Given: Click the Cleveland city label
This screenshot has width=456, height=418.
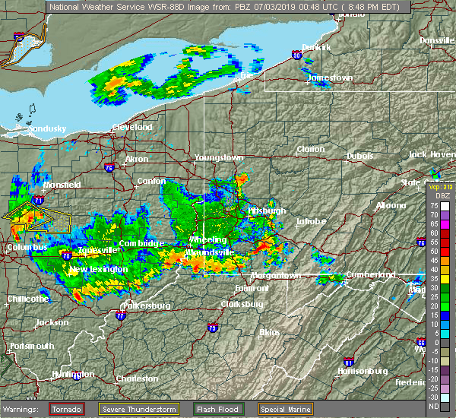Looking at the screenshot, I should click(x=132, y=128).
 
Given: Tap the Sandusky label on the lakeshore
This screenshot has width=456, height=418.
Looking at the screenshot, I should click(x=46, y=129).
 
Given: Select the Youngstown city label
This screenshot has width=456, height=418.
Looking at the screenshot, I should click(x=219, y=157).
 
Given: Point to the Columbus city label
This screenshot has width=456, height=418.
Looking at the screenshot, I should click(x=27, y=248).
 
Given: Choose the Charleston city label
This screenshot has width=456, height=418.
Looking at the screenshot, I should click(x=137, y=378).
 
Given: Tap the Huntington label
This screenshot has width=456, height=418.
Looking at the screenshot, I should click(x=73, y=375).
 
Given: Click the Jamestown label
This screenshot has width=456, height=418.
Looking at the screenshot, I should click(x=331, y=78).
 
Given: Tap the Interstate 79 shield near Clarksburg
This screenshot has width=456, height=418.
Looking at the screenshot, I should click(x=211, y=328).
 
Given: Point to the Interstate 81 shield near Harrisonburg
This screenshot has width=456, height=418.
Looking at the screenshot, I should click(x=348, y=362).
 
